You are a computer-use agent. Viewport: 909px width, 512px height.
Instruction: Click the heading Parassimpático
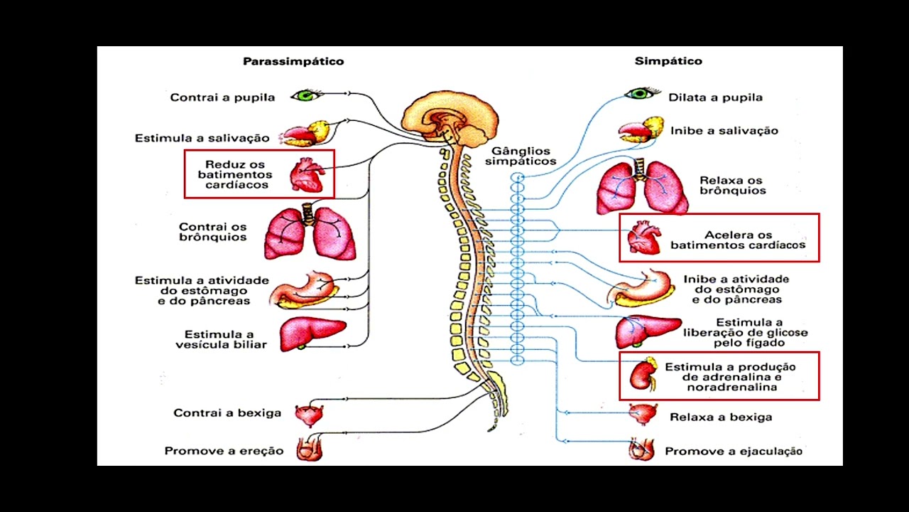point(293,61)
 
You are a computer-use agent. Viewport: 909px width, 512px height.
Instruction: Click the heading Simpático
point(668,61)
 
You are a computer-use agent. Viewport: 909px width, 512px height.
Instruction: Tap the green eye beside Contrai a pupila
point(306,95)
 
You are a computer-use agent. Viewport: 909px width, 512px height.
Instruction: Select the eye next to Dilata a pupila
point(642,94)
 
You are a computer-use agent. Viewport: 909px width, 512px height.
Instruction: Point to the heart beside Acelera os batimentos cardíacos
point(643,238)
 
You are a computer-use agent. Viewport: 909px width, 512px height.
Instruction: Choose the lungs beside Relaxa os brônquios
point(642,188)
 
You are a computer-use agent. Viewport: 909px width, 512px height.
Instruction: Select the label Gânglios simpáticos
point(522,156)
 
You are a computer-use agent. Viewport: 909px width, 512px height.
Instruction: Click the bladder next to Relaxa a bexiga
point(643,414)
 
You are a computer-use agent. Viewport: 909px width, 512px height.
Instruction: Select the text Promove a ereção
point(224,451)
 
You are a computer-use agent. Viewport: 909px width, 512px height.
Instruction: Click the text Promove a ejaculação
point(733,452)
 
